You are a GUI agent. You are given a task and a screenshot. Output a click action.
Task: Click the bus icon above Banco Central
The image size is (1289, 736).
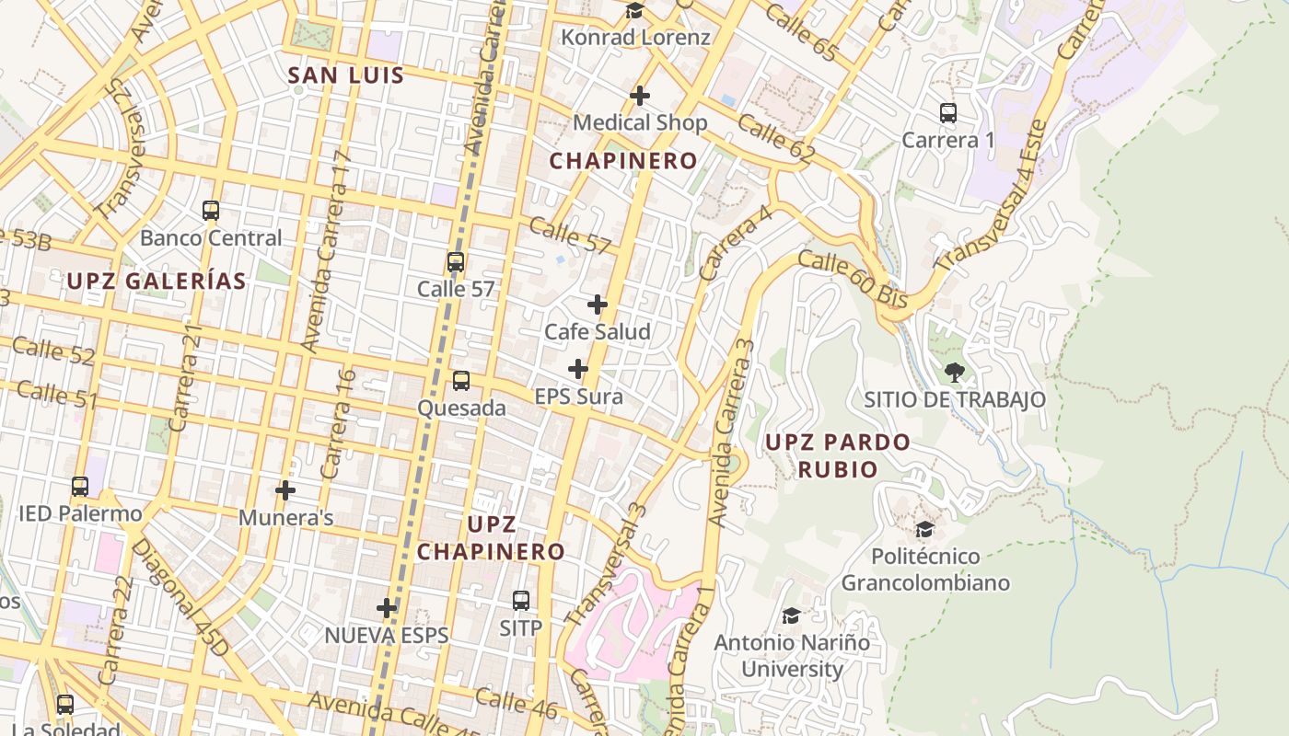[x=211, y=211]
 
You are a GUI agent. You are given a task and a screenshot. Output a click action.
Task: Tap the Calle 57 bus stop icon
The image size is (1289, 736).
[x=456, y=262]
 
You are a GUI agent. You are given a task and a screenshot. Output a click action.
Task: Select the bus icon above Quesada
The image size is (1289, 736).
[x=461, y=381]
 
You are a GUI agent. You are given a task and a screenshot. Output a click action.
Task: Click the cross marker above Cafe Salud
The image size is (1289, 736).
[x=598, y=305]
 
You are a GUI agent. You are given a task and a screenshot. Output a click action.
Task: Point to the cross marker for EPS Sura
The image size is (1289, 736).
[x=578, y=370]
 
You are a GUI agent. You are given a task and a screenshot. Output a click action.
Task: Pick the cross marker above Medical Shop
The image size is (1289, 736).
[x=640, y=96]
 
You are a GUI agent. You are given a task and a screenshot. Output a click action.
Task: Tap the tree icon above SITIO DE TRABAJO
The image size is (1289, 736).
[x=955, y=373]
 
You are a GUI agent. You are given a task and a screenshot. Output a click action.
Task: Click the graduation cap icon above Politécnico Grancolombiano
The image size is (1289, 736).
[x=924, y=529]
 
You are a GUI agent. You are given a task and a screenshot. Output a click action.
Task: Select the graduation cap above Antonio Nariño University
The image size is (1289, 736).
[x=791, y=615]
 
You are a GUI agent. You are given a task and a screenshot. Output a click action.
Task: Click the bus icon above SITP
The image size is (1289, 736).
[x=521, y=601]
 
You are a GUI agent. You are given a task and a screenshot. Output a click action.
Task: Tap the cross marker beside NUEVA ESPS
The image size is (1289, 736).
[x=387, y=608]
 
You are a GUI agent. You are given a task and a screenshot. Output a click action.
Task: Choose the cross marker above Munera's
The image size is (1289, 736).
[x=285, y=490]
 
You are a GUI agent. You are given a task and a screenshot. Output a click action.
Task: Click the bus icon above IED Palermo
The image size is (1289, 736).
[x=80, y=487]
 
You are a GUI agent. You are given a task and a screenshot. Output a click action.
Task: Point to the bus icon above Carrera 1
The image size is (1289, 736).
[x=948, y=113]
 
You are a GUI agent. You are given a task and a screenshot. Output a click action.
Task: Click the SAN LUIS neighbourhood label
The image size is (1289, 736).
[x=346, y=75]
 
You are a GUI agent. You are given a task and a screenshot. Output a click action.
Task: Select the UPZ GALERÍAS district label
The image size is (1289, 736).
[x=157, y=282]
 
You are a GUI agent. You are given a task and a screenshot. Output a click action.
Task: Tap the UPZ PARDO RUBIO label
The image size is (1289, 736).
[x=838, y=455]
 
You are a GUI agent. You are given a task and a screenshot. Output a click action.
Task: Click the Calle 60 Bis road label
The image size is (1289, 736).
[x=854, y=280]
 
